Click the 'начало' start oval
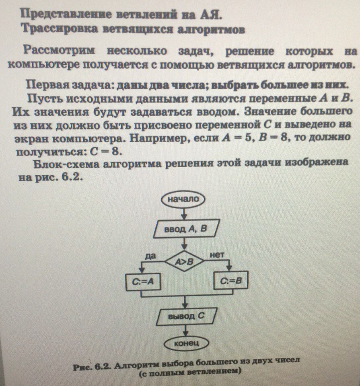184,199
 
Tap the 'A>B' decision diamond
184,262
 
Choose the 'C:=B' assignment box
230,281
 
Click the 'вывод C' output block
186,316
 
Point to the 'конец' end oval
185,344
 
